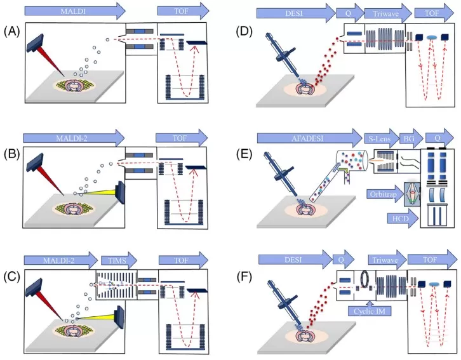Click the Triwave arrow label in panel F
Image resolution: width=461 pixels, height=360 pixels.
coord(384,260)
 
